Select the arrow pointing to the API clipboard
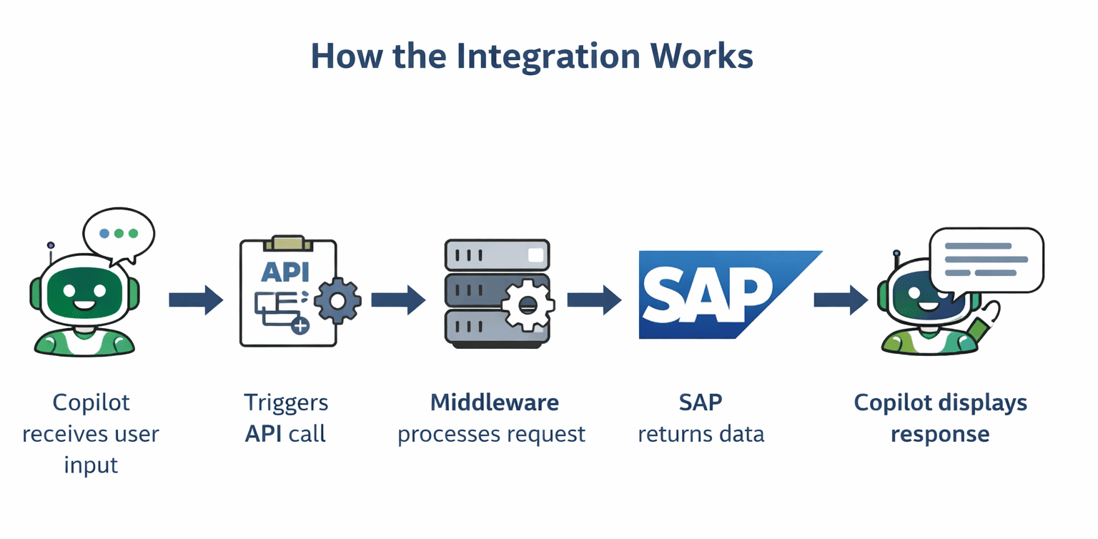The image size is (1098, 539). pos(196,300)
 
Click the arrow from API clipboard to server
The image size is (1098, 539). pos(398,300)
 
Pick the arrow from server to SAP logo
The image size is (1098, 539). pos(594,300)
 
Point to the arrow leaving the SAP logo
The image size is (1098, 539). pos(841,300)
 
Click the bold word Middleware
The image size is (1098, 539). pos(494,402)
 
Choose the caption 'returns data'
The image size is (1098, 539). pos(701,434)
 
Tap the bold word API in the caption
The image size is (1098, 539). pos(264,434)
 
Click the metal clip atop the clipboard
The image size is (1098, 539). pos(288,243)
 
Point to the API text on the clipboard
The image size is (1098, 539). pos(286,272)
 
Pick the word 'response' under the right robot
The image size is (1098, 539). pos(939,434)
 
